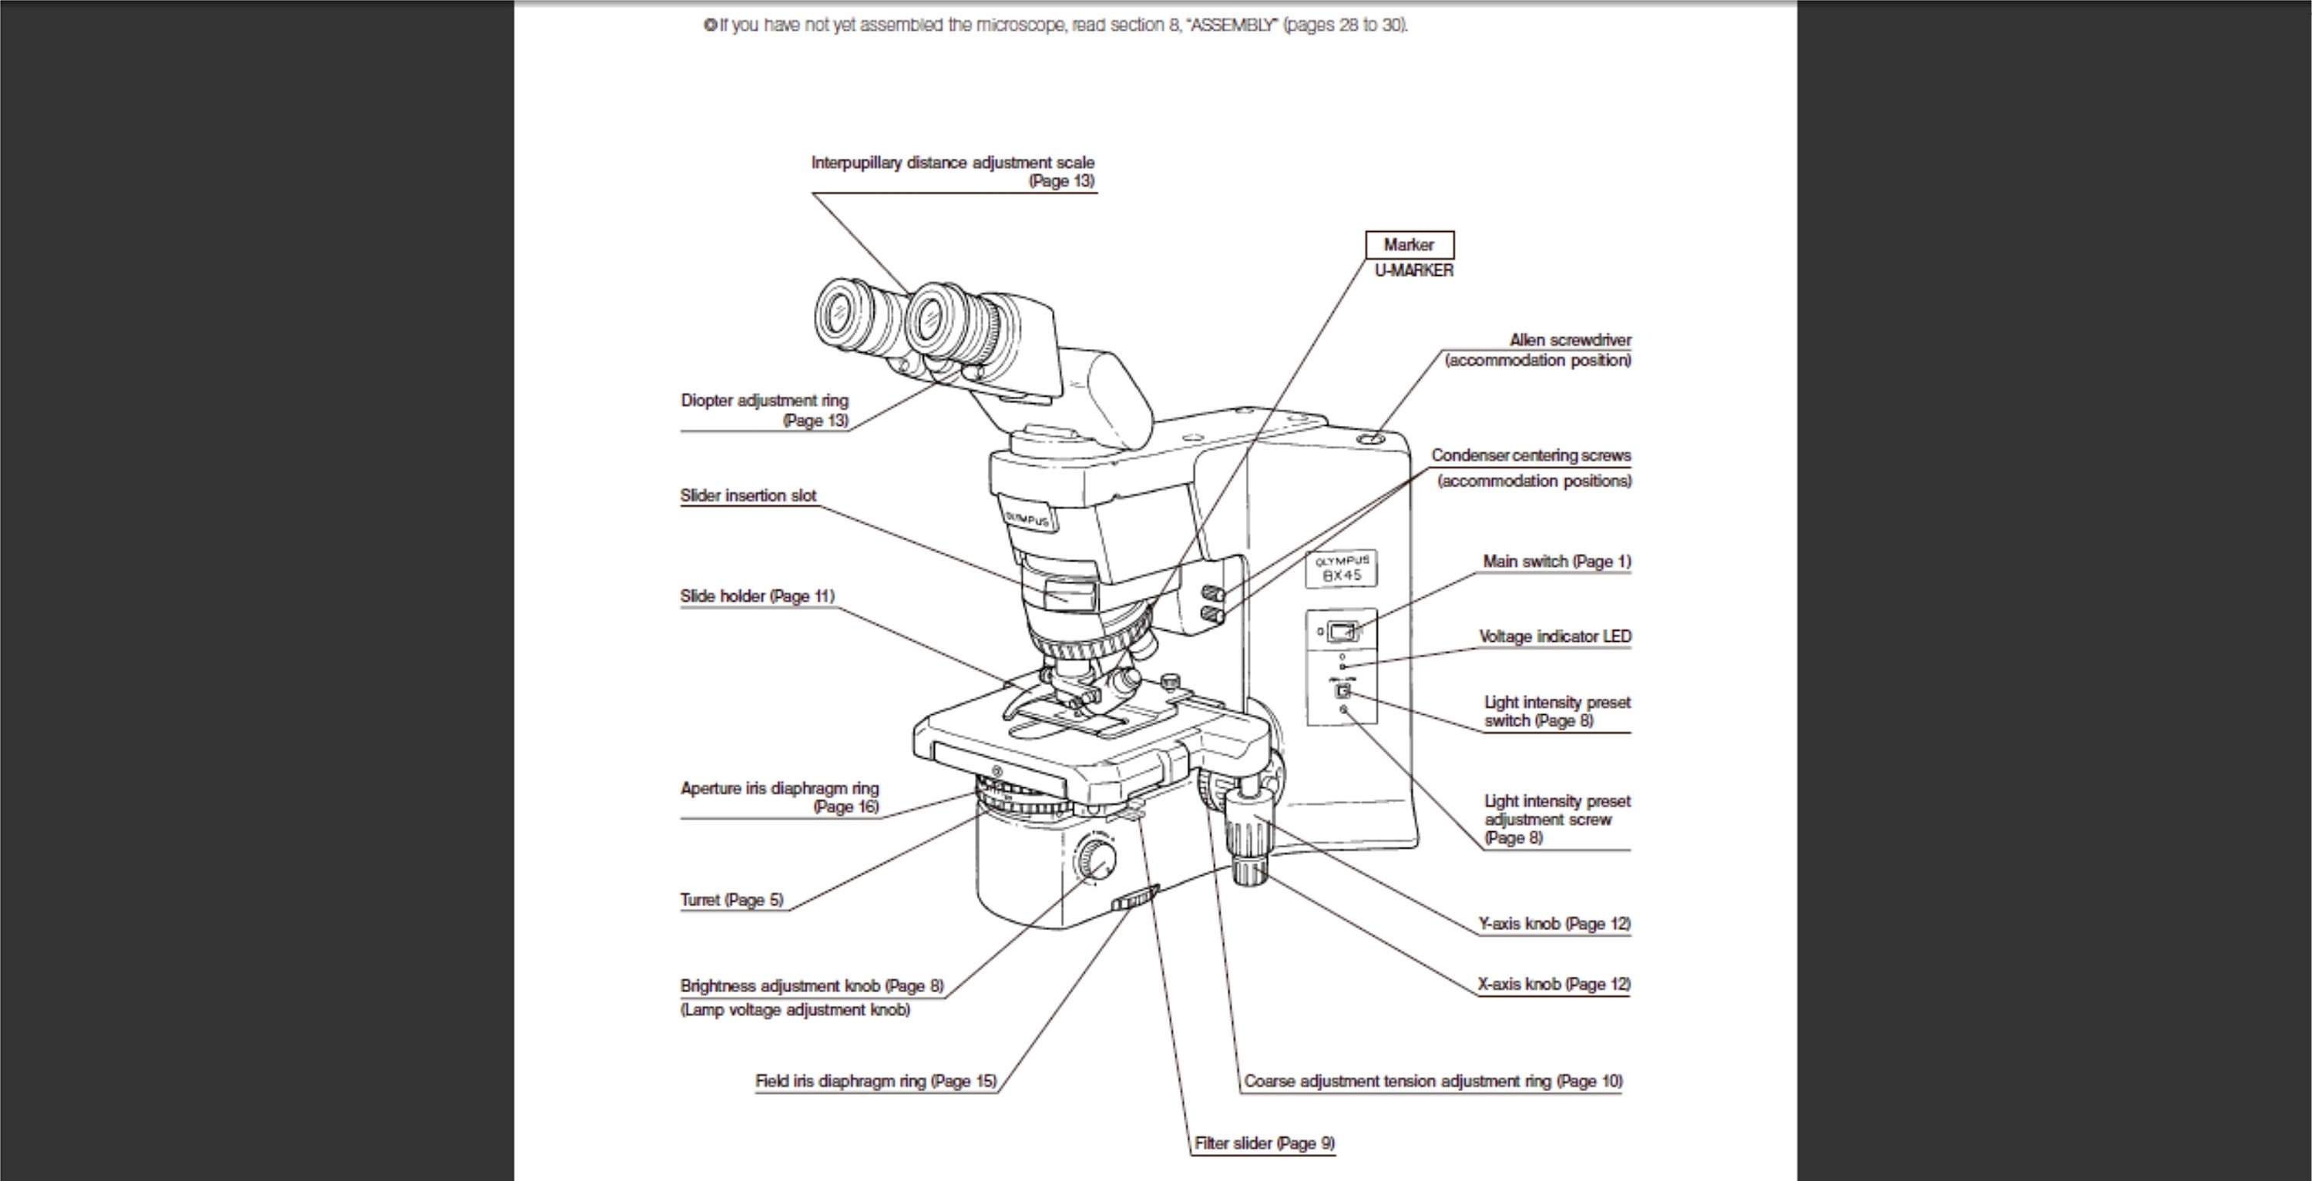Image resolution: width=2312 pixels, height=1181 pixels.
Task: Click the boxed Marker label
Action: (x=1408, y=245)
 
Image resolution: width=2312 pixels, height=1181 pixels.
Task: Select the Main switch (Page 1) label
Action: (x=1556, y=562)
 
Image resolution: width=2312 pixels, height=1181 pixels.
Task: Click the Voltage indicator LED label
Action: (x=1554, y=636)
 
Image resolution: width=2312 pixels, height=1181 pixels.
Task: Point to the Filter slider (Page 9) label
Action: (x=1264, y=1143)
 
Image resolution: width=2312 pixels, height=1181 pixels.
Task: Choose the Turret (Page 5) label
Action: (x=731, y=900)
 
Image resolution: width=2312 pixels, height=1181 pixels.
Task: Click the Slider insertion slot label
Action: (x=748, y=495)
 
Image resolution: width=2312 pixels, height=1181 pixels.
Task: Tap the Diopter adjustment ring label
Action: (x=764, y=401)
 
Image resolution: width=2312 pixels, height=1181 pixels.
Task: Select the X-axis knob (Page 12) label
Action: (x=1554, y=985)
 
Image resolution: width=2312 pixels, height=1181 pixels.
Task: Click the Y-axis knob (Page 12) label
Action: (x=1554, y=924)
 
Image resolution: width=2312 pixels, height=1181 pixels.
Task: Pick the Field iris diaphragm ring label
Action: (x=875, y=1082)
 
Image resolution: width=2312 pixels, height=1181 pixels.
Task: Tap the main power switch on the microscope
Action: (x=1341, y=632)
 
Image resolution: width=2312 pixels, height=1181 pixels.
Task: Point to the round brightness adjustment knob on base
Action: (x=1096, y=859)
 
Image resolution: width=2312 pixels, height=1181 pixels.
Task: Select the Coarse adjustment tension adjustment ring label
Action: (x=1433, y=1082)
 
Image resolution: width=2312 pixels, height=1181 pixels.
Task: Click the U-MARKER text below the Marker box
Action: (x=1413, y=271)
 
